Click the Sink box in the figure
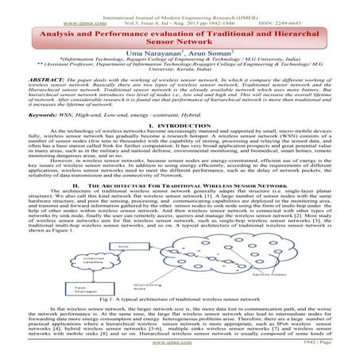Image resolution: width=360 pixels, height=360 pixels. point(125,227)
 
